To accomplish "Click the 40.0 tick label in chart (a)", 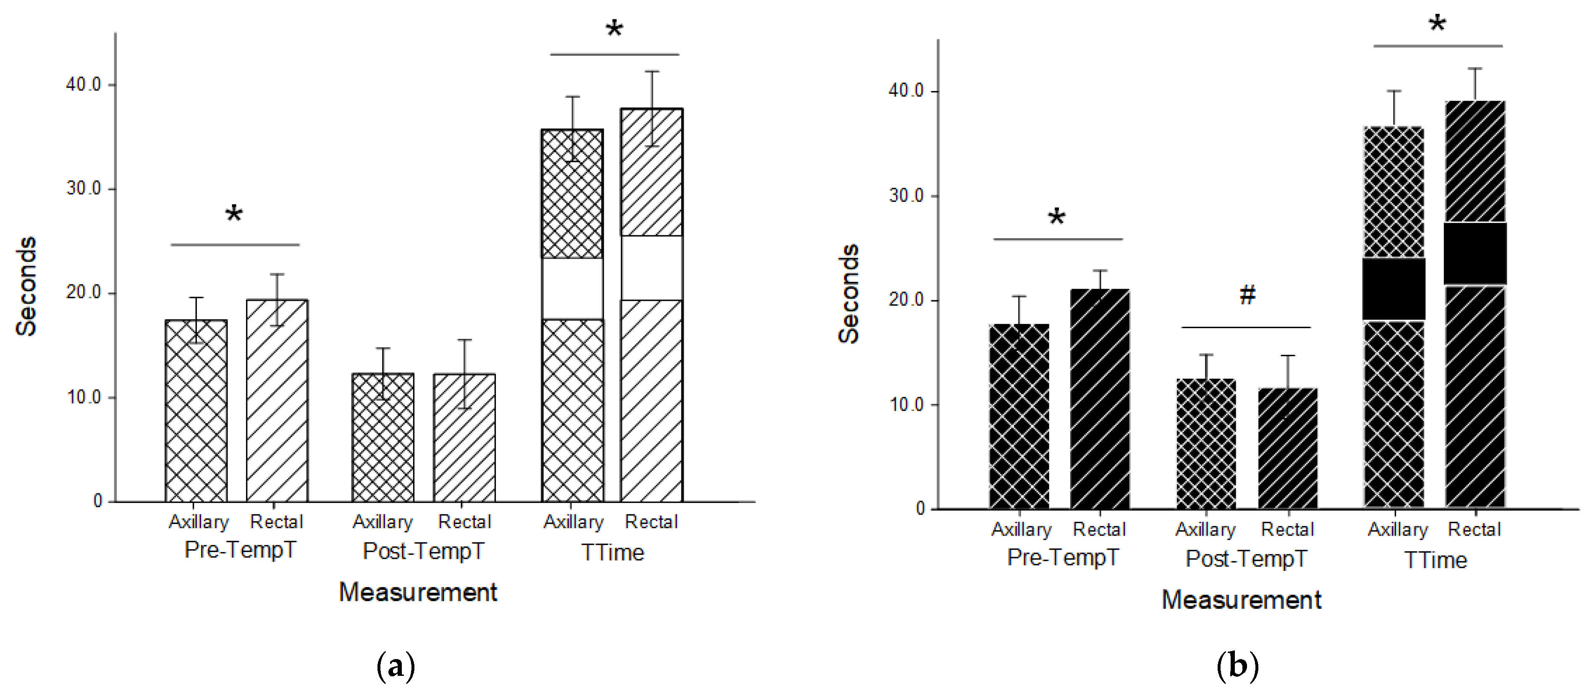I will point(84,85).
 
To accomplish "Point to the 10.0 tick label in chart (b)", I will point(906,405).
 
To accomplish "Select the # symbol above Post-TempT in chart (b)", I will point(1247,295).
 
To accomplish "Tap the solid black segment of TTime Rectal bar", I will point(1475,253).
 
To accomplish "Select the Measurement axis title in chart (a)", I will point(418,592).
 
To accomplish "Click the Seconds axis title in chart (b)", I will point(849,294).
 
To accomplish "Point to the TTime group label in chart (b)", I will point(1435,560).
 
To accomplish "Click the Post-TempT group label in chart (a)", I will point(424,551).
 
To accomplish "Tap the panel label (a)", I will point(396,666).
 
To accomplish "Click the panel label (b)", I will point(1237,666).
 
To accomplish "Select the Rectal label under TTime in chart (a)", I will point(651,522).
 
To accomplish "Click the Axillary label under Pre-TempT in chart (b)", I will point(1021,530).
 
